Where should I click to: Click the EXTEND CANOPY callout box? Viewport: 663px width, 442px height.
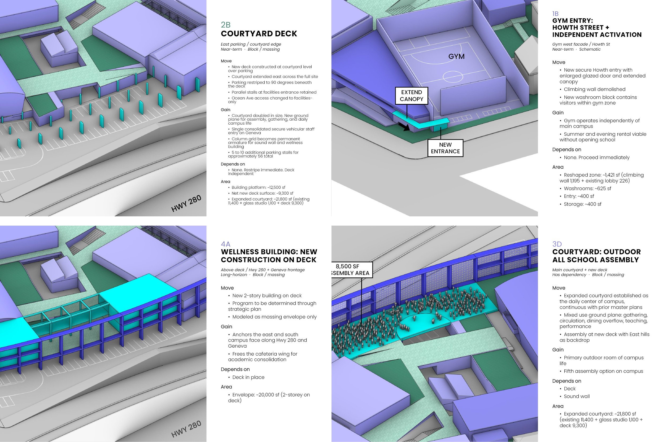[x=412, y=96]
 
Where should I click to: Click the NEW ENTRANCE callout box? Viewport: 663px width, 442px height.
[x=445, y=148]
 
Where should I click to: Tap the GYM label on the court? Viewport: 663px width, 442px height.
[x=456, y=56]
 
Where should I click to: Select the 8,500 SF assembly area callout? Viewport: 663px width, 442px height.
[x=352, y=270]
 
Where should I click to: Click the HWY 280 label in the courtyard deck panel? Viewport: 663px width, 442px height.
[x=186, y=203]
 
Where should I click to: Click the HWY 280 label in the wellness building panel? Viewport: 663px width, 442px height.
[x=186, y=429]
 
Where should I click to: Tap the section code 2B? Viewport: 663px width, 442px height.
[x=225, y=25]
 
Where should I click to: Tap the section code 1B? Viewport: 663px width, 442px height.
[x=555, y=14]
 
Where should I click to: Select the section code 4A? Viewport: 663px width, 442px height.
[x=225, y=244]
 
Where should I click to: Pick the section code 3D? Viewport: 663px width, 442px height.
[x=557, y=244]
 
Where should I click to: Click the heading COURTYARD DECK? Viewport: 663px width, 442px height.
[x=259, y=34]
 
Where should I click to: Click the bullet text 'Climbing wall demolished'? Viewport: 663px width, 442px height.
[x=595, y=89]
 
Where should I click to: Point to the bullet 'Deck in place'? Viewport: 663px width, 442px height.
[x=248, y=377]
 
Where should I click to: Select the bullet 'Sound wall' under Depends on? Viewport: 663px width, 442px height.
[x=577, y=396]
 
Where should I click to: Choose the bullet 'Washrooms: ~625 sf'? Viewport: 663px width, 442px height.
[x=587, y=188]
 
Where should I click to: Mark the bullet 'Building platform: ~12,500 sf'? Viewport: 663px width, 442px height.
[x=258, y=187]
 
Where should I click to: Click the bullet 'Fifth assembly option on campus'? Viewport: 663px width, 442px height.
[x=604, y=371]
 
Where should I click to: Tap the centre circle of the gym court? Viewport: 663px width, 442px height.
[x=453, y=76]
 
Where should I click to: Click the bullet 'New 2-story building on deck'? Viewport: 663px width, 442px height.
[x=267, y=296]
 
